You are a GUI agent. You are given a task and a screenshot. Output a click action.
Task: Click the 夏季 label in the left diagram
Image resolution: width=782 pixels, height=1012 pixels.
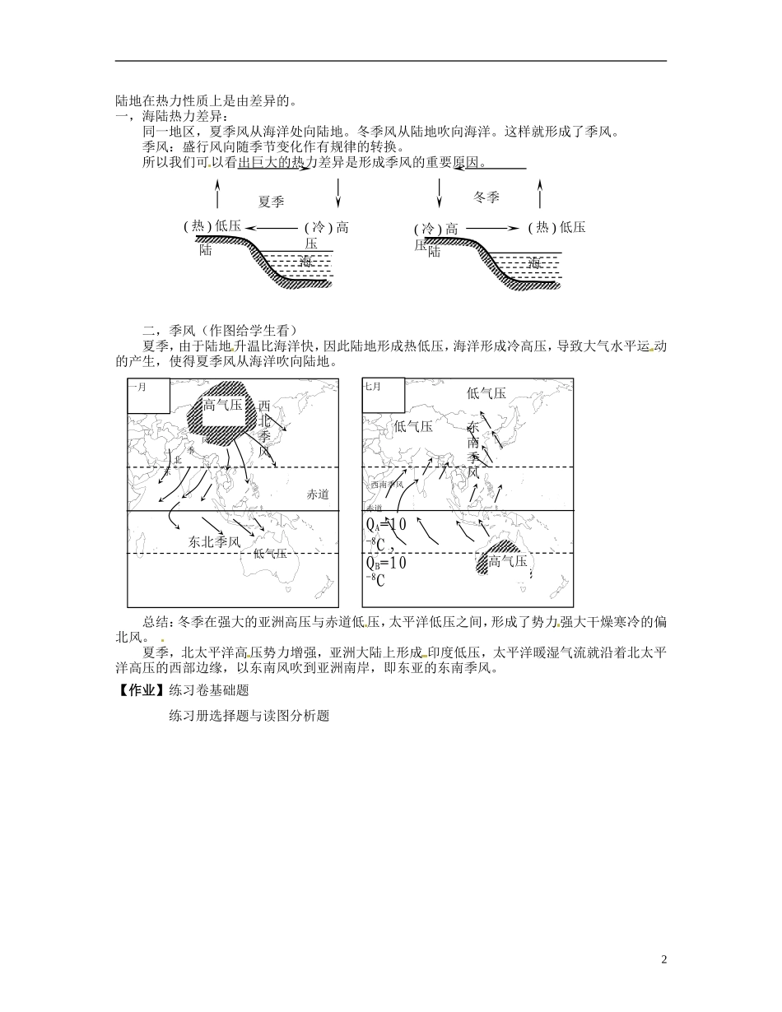[271, 202]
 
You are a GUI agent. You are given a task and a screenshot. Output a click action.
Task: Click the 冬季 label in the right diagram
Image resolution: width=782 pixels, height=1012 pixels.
[486, 197]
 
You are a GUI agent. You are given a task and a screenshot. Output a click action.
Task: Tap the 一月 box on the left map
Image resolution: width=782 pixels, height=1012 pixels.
[149, 396]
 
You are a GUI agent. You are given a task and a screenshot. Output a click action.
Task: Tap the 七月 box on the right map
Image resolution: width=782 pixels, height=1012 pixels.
[384, 396]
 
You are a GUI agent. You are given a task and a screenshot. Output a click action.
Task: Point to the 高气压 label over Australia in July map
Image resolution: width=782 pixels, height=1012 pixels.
[508, 562]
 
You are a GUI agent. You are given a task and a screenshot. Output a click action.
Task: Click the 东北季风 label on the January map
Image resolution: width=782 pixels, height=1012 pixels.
[214, 542]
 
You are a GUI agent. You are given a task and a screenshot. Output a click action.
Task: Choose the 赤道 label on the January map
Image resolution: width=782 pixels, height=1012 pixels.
[318, 494]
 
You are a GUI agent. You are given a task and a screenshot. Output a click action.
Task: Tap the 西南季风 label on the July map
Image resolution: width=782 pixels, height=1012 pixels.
[387, 485]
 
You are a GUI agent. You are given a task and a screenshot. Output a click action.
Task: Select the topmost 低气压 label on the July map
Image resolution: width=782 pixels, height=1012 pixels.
[486, 394]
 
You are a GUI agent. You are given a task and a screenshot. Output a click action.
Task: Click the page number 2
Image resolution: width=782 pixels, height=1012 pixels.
[663, 959]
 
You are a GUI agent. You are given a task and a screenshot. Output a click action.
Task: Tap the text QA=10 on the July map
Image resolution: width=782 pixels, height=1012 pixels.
[385, 526]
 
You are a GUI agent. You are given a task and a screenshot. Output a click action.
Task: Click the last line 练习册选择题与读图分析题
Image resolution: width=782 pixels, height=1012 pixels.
[249, 717]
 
